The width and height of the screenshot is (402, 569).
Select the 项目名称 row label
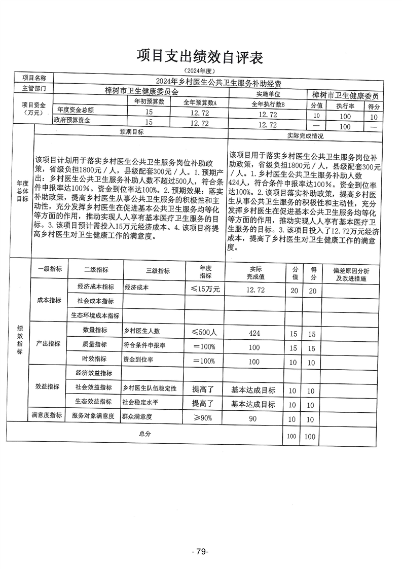[x=34, y=78]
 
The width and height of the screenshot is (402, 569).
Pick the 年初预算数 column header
[x=148, y=101]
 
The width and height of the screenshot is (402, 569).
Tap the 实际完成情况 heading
[x=305, y=136]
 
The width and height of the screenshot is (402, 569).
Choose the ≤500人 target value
[x=204, y=332]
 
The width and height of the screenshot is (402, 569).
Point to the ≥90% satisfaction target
[x=204, y=418]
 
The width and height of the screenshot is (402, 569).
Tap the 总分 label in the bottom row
[x=145, y=434]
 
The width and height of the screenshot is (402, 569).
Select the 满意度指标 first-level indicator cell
[x=47, y=416]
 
